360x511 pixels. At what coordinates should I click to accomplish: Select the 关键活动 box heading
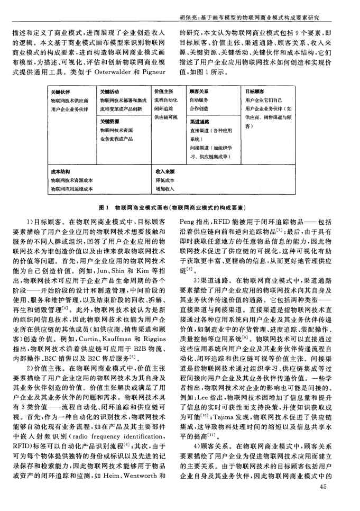(x=109, y=91)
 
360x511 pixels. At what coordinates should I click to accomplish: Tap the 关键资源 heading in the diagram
(x=109, y=121)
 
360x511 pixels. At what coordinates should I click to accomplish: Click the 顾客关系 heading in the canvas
(x=199, y=91)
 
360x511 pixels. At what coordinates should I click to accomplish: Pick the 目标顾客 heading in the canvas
(x=255, y=91)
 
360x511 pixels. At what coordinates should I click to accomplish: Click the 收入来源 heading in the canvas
(x=165, y=172)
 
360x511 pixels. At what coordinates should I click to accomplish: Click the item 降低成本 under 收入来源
(x=165, y=180)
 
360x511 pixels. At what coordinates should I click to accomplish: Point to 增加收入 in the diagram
(x=165, y=188)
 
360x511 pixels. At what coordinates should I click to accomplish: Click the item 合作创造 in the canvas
(x=199, y=107)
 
